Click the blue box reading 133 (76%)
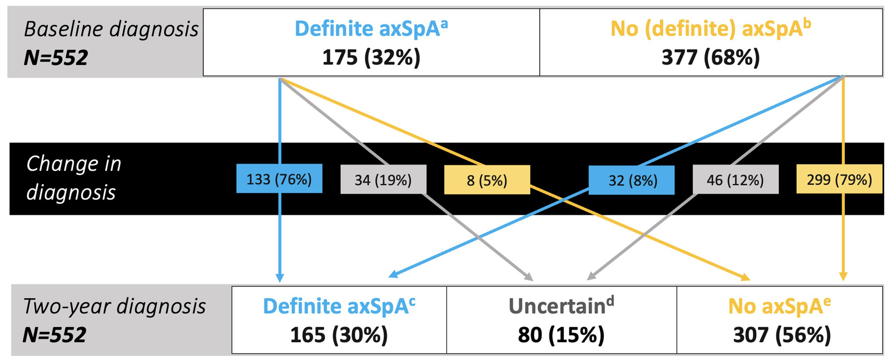(279, 179)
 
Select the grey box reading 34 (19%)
(383, 179)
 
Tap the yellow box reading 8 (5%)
(487, 180)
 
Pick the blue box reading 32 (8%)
(631, 180)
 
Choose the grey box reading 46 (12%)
(736, 179)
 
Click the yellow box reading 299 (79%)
(840, 179)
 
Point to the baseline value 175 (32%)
(371, 58)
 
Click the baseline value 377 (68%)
(711, 58)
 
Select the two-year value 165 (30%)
(339, 335)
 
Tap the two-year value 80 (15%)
(561, 335)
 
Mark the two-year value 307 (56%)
(782, 335)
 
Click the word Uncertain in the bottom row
(557, 306)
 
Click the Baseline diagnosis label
(111, 30)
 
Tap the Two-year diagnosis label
(114, 306)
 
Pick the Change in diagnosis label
(74, 178)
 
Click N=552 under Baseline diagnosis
(56, 58)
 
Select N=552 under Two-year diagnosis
(55, 335)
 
